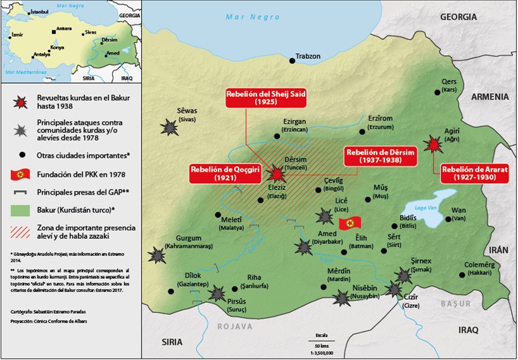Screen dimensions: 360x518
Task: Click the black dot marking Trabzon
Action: click(293, 60)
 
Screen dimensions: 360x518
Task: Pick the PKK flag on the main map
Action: click(349, 223)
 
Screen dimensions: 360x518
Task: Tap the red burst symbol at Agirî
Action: click(434, 145)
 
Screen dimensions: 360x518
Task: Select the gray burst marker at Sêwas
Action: click(170, 127)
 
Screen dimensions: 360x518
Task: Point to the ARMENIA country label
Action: click(490, 96)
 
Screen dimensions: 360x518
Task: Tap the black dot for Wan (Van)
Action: click(448, 219)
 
